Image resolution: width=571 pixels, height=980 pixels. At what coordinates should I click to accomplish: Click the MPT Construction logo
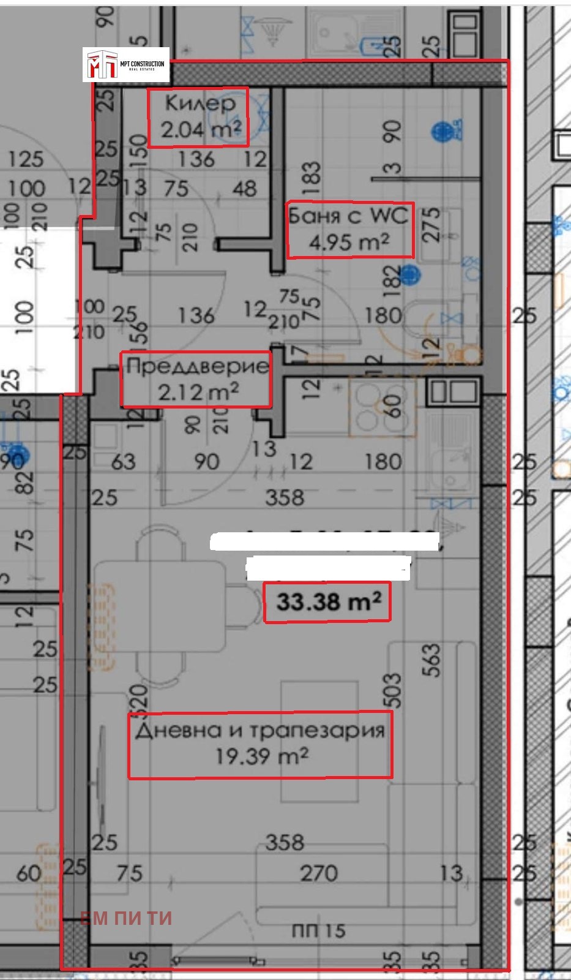(126, 64)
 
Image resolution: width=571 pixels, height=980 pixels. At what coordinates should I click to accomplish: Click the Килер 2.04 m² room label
(198, 117)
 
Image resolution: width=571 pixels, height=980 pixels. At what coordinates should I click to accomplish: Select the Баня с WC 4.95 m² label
(350, 230)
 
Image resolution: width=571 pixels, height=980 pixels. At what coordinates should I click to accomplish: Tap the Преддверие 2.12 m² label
(196, 379)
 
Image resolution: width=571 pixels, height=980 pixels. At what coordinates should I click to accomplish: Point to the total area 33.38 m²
(327, 602)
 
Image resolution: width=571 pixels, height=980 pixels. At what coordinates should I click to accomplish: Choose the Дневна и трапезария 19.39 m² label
(260, 744)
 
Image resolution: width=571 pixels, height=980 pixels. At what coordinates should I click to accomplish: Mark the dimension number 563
(431, 660)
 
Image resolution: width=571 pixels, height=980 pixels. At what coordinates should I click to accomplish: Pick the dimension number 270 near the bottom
(318, 873)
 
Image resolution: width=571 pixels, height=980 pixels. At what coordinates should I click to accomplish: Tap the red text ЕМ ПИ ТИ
(126, 918)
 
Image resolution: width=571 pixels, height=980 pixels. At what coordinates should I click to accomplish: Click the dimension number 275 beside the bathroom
(431, 225)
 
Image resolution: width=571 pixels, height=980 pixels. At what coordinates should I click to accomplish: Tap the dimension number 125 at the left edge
(26, 159)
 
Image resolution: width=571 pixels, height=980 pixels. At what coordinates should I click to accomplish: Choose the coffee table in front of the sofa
(319, 741)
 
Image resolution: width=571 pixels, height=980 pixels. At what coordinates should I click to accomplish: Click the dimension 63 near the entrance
(123, 461)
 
